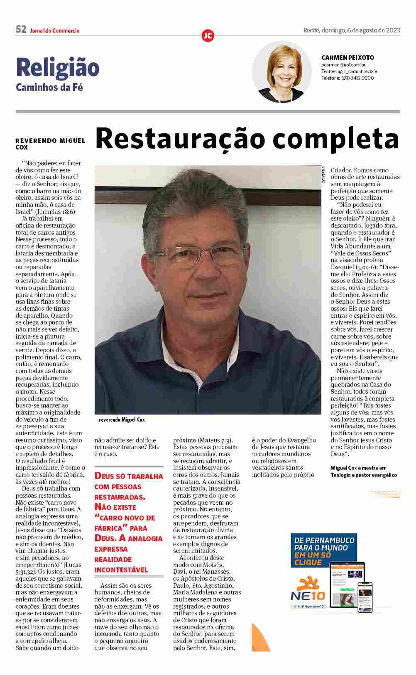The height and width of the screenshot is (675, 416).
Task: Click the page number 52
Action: point(21,29)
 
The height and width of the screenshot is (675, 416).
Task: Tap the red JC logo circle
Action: point(208,36)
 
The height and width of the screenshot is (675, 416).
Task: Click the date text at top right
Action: point(351,30)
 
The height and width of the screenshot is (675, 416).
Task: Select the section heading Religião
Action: point(58,68)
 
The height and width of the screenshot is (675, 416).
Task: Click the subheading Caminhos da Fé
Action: point(49,88)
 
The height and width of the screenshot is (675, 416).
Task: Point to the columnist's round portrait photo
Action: point(282,72)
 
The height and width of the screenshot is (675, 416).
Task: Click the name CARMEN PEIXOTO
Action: point(347,58)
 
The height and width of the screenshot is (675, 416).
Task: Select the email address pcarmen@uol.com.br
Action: point(343,65)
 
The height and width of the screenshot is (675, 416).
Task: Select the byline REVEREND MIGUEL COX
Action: point(50,144)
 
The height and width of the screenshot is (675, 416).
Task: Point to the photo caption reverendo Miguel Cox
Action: point(122,420)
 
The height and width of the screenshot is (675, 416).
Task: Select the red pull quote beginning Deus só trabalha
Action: point(128,523)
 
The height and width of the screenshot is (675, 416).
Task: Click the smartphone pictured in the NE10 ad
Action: point(365,597)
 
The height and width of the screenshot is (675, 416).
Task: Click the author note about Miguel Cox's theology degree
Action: point(363,471)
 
